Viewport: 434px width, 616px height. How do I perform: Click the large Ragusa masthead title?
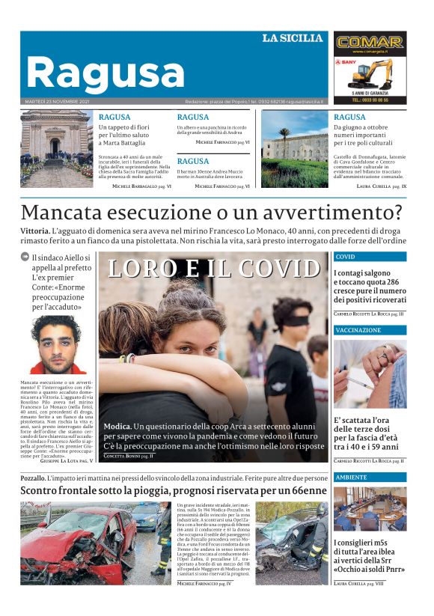105,73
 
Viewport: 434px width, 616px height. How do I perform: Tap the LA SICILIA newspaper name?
292,38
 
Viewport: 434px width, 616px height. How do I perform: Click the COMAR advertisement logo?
370,43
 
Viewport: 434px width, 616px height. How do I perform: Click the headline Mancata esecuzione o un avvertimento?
212,213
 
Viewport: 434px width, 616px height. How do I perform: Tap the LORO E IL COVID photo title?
213,268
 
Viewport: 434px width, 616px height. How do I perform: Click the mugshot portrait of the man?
55,344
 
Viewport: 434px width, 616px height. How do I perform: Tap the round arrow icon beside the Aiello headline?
25,257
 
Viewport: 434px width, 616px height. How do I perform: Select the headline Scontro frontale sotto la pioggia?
173,491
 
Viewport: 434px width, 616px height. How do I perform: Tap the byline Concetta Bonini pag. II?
128,456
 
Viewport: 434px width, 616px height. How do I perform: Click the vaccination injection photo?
370,375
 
